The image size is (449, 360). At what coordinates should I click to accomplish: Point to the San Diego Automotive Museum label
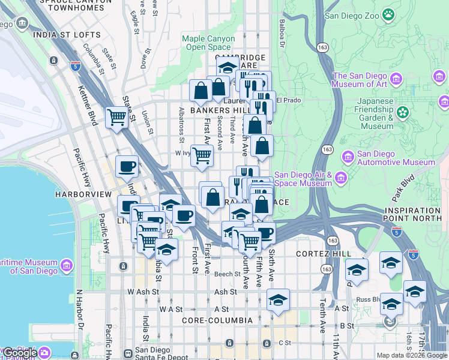tap(396, 158)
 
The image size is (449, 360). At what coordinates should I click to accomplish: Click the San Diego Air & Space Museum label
tap(303, 179)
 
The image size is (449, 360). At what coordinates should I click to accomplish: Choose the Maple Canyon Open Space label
tap(208, 43)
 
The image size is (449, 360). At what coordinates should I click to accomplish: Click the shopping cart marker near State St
tap(116, 118)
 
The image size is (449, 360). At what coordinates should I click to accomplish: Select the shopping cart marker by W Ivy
tap(202, 155)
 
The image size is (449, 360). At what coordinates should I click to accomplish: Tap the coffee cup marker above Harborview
tap(127, 166)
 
